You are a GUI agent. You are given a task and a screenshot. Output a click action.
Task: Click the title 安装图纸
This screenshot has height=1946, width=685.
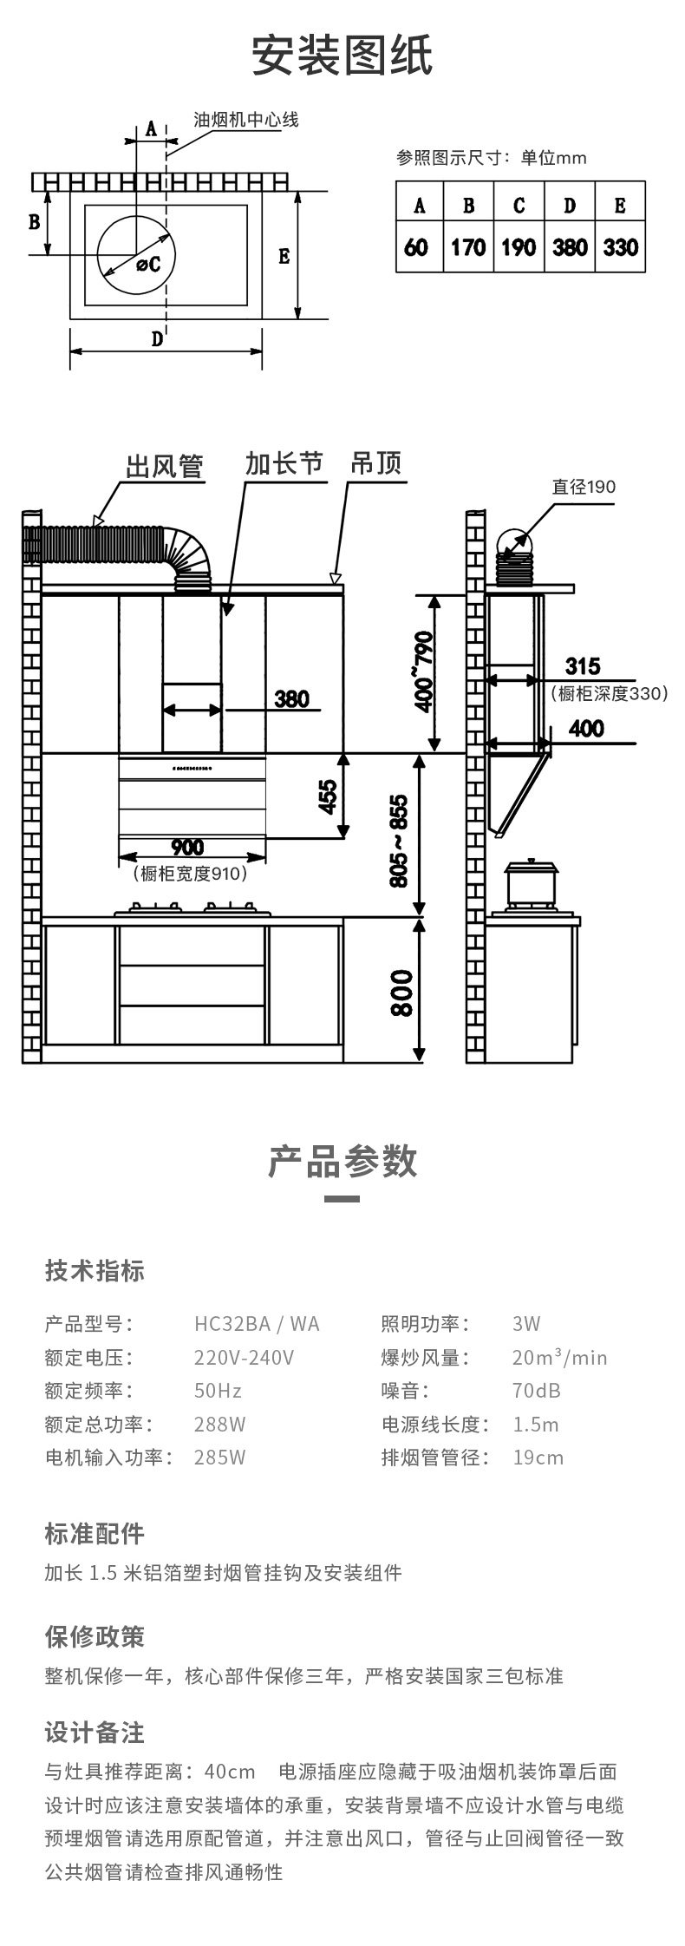(x=342, y=57)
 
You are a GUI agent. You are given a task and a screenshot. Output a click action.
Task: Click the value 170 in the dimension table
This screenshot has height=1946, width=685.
(x=468, y=247)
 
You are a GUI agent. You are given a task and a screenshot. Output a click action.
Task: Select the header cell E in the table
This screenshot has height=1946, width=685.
(x=620, y=205)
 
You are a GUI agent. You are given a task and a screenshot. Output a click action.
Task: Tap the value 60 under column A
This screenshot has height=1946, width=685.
(x=416, y=247)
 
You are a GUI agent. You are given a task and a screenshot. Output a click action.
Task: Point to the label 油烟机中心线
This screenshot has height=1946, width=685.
(x=245, y=120)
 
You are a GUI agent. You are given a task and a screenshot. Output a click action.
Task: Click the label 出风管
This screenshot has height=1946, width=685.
(x=164, y=468)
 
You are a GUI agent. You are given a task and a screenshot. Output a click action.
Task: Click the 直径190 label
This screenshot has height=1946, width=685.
(x=584, y=487)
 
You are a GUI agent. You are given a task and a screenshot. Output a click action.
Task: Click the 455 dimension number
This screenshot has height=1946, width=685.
(x=328, y=796)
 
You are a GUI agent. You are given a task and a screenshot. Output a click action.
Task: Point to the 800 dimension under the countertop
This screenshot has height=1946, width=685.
(x=401, y=993)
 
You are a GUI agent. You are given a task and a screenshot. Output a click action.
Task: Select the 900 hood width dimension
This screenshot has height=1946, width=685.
(x=187, y=847)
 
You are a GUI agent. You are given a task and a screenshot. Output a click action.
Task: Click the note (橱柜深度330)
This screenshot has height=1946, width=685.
(x=610, y=693)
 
